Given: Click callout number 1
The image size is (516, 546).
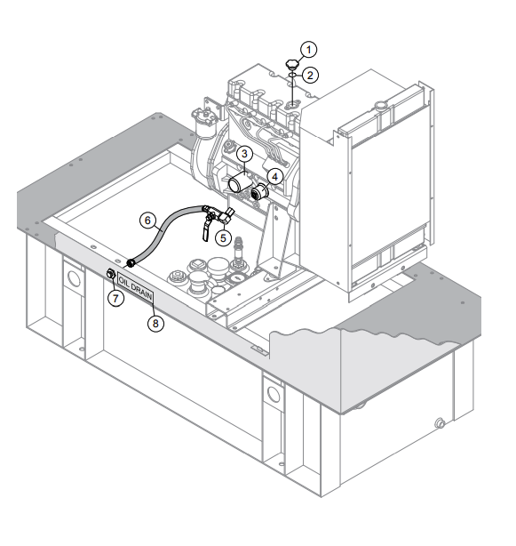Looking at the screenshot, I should click(x=306, y=48).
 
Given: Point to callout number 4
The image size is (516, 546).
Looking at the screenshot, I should click(x=276, y=176).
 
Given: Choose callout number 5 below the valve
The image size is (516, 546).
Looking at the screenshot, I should click(x=225, y=237).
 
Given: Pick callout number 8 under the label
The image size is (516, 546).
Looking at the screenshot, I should click(x=155, y=324).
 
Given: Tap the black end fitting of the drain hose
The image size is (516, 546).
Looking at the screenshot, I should click(x=131, y=263).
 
